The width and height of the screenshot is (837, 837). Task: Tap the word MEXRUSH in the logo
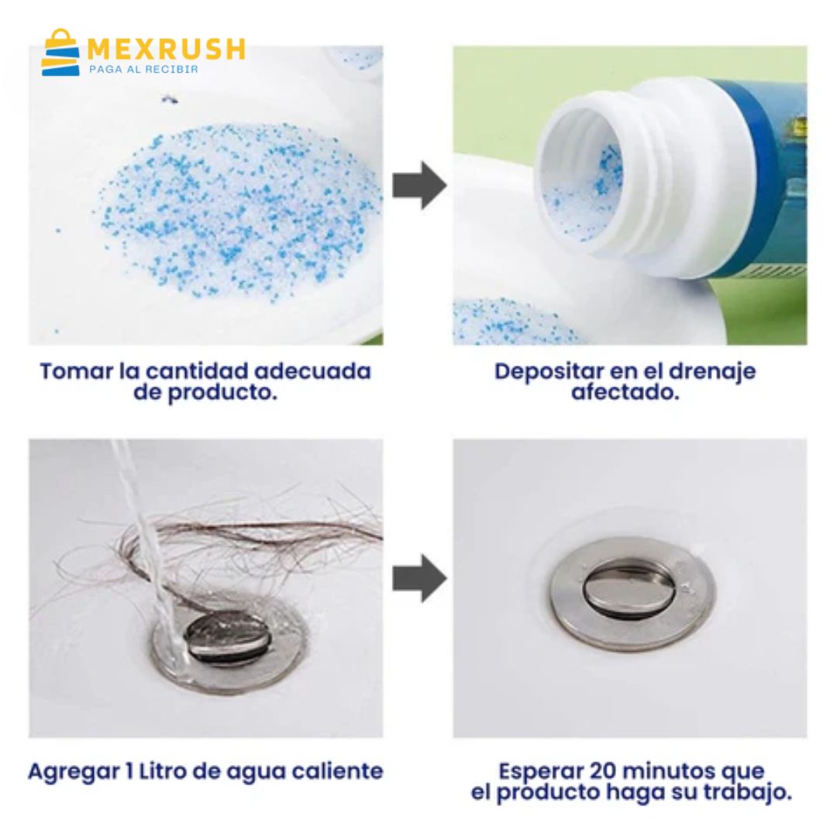pyautogui.click(x=166, y=49)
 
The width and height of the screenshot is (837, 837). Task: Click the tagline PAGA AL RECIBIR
pyautogui.click(x=143, y=70)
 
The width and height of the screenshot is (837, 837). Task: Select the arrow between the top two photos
pyautogui.click(x=419, y=185)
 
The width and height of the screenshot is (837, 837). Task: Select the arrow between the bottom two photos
pyautogui.click(x=419, y=578)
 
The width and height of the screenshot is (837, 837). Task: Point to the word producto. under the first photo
pyautogui.click(x=222, y=394)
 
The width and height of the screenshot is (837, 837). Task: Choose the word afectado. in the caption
pyautogui.click(x=625, y=392)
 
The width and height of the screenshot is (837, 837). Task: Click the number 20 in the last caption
pyautogui.click(x=603, y=771)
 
